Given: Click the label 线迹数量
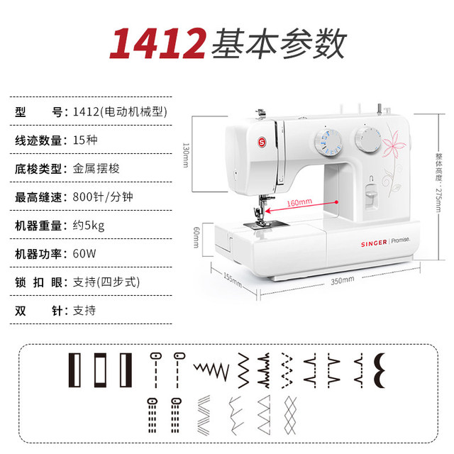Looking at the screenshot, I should point(40,139).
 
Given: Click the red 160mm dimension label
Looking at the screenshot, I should point(299,202).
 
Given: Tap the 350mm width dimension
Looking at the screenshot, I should point(342,279).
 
